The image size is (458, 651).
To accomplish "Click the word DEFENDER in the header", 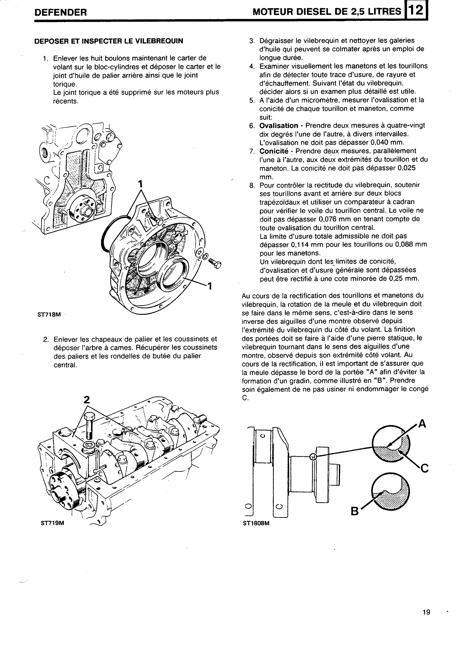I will [x=60, y=12].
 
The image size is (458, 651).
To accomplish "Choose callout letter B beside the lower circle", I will [x=354, y=511].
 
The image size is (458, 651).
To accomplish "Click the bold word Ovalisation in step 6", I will [x=279, y=126].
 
